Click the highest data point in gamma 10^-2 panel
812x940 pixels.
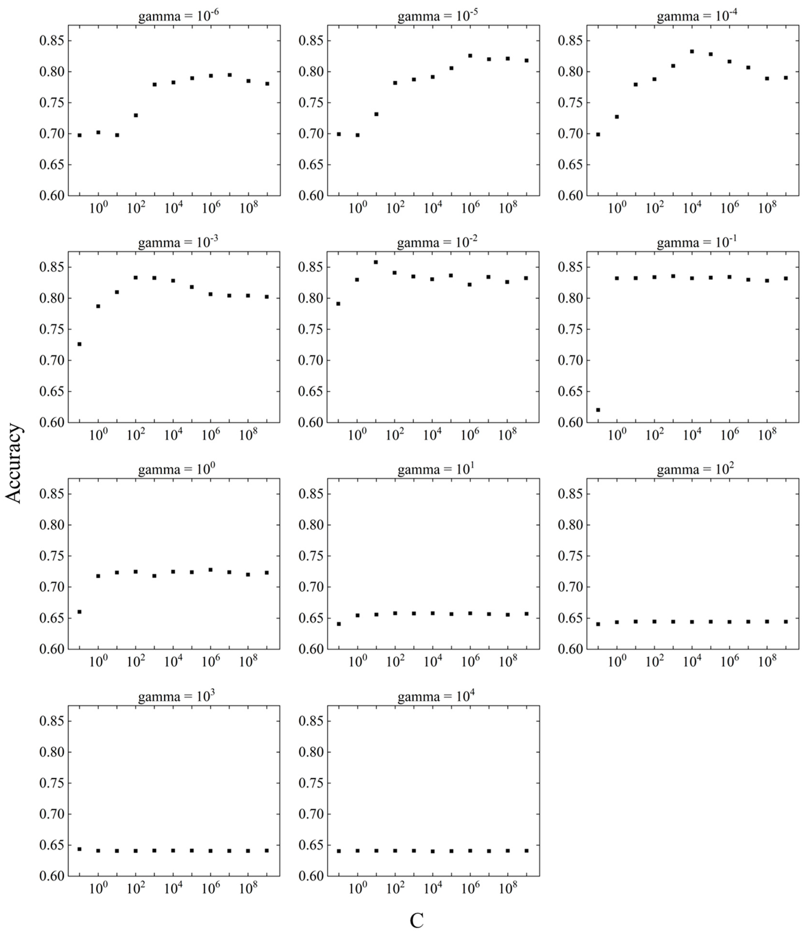(x=376, y=262)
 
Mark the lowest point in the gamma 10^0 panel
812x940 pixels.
(x=79, y=611)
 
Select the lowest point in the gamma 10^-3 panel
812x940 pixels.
(x=79, y=344)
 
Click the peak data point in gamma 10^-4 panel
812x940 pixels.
(x=692, y=51)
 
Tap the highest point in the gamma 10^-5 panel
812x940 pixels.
(x=470, y=55)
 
